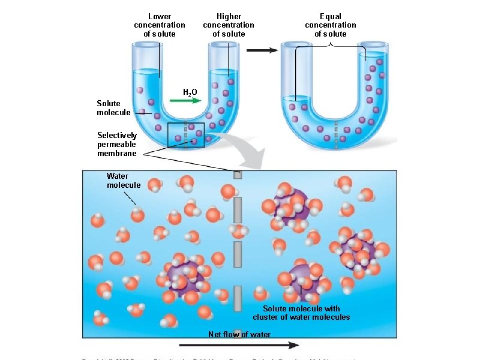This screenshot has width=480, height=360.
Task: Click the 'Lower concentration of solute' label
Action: [160, 25]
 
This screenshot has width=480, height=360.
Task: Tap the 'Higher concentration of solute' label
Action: [229, 25]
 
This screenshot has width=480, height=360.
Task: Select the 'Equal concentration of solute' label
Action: [331, 25]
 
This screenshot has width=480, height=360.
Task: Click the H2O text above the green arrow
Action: [190, 92]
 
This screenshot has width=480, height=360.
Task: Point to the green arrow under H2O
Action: [185, 101]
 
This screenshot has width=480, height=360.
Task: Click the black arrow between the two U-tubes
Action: [263, 50]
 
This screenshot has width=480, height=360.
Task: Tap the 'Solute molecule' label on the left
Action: [113, 108]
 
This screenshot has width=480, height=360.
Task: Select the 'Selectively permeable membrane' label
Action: [117, 144]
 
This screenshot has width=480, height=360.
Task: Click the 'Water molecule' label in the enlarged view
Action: [123, 181]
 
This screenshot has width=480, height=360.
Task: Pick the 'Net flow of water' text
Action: [239, 334]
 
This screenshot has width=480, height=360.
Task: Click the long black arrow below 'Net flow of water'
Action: [239, 345]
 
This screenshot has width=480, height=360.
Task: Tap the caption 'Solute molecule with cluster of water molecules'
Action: [301, 313]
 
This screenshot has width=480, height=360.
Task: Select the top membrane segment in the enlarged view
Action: [238, 174]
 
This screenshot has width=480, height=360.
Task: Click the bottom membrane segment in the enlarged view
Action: [238, 298]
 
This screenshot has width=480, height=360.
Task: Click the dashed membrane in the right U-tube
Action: [337, 136]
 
